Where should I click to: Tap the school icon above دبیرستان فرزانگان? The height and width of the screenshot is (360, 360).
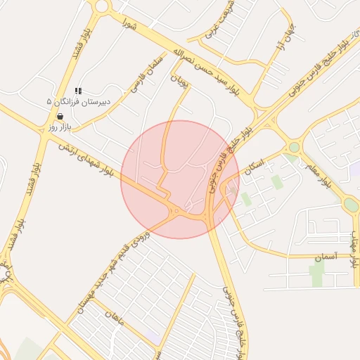click(78, 91)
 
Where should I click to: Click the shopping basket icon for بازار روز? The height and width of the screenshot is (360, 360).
click(60, 117)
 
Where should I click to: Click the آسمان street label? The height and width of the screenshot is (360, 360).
click(326, 257)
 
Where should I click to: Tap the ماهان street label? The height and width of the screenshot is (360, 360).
click(113, 320)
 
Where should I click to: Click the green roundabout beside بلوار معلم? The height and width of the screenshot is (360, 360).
click(294, 147)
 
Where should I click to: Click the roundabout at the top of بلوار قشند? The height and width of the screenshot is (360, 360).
click(103, 6)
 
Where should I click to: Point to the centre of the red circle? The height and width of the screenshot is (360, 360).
click(180, 179)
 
